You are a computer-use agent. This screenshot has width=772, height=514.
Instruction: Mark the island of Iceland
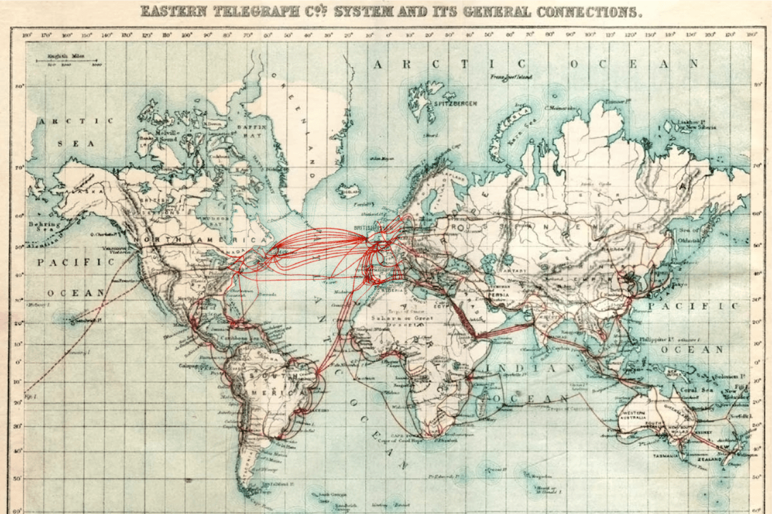point(351,192)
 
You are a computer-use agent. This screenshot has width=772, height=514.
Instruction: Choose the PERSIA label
point(498,294)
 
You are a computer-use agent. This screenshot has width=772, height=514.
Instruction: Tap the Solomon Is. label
point(728,376)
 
